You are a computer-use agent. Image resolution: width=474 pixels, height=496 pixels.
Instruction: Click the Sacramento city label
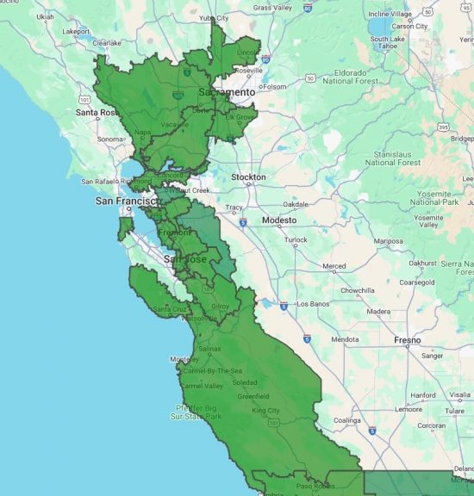(227, 92)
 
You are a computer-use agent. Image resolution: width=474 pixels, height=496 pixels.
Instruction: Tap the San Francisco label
(127, 201)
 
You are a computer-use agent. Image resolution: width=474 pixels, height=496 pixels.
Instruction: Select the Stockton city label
(248, 177)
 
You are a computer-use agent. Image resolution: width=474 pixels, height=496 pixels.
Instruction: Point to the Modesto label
(279, 220)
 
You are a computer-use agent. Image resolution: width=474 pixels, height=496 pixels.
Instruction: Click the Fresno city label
(408, 340)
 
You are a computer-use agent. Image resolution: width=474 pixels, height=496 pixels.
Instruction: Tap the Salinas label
(210, 349)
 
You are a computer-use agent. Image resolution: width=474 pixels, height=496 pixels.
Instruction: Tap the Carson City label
(409, 27)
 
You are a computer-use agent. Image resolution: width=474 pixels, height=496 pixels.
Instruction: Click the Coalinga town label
(352, 420)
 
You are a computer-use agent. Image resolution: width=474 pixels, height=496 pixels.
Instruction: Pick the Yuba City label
(214, 17)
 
